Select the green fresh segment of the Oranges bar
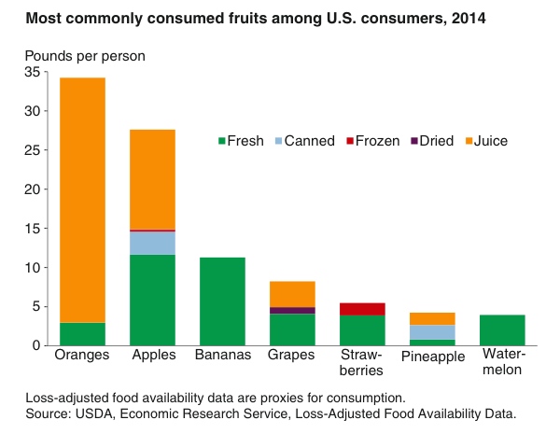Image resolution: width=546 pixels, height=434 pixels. [x=82, y=334]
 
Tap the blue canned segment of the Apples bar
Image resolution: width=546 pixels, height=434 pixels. [x=152, y=243]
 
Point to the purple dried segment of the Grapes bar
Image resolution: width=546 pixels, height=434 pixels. [x=292, y=310]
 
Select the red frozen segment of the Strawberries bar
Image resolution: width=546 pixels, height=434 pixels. [x=362, y=309]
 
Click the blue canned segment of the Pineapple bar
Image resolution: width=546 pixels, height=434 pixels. [x=432, y=332]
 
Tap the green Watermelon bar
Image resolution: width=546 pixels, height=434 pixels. [x=502, y=330]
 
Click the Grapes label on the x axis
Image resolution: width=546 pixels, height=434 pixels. [x=292, y=356]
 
